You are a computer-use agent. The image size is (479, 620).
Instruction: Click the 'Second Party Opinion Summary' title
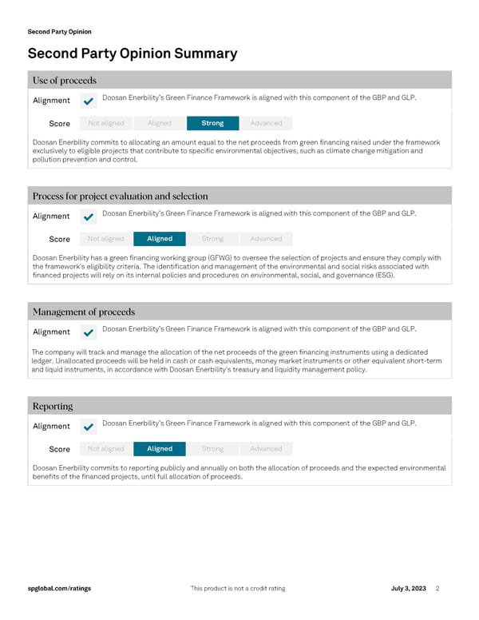[133, 54]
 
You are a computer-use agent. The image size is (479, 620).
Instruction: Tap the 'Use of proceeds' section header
[65, 80]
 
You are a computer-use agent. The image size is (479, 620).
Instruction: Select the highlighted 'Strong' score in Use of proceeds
[212, 123]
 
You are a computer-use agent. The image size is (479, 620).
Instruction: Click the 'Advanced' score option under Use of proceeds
[266, 123]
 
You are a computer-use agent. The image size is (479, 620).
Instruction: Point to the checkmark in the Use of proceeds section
[88, 101]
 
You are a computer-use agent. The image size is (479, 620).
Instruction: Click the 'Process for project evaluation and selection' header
[120, 196]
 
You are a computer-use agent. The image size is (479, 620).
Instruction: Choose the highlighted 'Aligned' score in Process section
[160, 239]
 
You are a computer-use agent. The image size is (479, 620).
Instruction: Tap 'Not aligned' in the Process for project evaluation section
[106, 239]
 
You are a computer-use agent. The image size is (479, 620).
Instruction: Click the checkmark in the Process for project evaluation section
[88, 217]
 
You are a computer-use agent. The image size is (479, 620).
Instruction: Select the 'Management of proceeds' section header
[84, 312]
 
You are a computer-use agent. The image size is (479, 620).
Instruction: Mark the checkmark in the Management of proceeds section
[88, 332]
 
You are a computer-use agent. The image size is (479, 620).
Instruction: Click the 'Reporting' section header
[53, 406]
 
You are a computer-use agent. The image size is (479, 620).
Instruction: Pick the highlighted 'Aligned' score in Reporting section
[160, 449]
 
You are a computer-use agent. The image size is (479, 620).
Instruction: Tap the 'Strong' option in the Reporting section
[212, 449]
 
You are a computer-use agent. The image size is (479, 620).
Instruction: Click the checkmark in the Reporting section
[88, 427]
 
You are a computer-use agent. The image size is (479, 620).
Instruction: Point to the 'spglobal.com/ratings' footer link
[59, 589]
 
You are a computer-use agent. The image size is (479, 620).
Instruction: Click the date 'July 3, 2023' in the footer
[408, 589]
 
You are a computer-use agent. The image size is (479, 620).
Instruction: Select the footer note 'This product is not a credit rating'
[238, 589]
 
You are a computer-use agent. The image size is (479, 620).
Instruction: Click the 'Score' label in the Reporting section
[60, 450]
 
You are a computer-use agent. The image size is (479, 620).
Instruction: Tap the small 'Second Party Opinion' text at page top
[59, 32]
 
